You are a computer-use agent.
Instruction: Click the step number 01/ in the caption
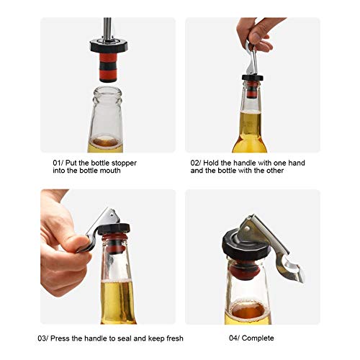pos(59,163)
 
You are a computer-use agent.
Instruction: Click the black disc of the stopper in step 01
pos(108,45)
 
